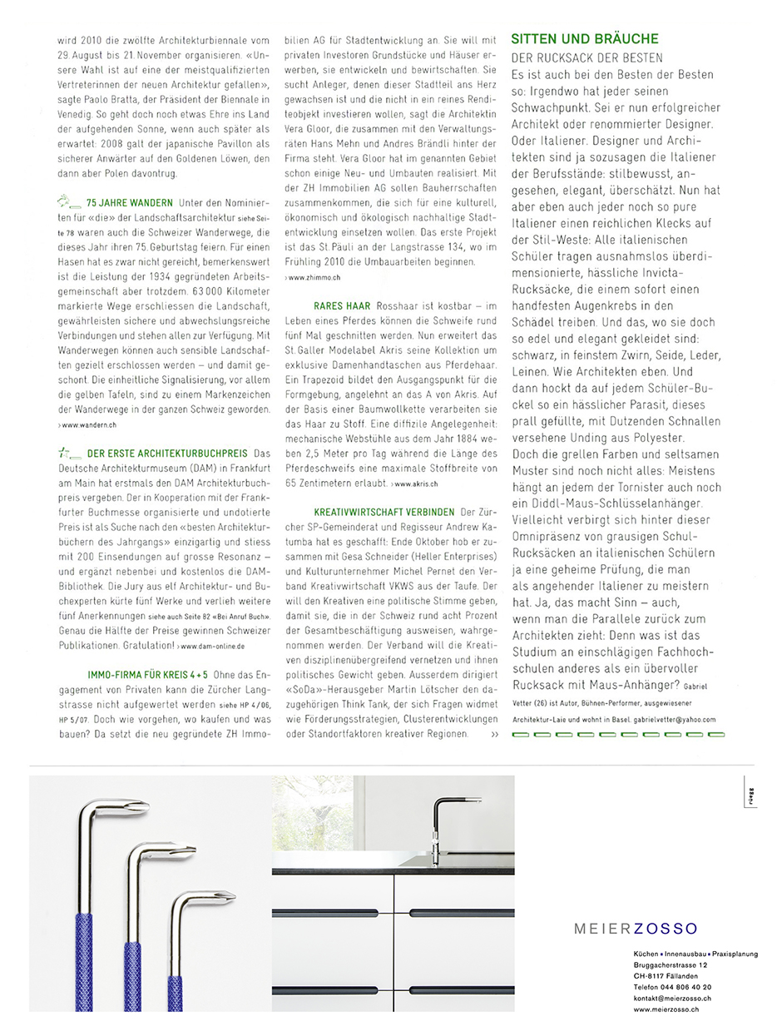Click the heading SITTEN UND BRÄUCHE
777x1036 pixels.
point(584,39)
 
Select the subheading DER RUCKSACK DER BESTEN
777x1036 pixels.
point(586,58)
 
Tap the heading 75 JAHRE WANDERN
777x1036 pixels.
point(129,203)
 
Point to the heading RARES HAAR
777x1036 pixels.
point(342,307)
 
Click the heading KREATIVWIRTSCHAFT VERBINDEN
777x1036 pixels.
point(384,512)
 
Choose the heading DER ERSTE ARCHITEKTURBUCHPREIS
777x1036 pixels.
point(167,454)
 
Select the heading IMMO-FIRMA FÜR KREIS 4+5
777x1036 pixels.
point(148,674)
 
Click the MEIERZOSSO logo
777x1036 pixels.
point(636,929)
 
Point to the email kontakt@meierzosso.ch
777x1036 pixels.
point(671,998)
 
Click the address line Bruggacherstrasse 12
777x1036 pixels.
point(671,965)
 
